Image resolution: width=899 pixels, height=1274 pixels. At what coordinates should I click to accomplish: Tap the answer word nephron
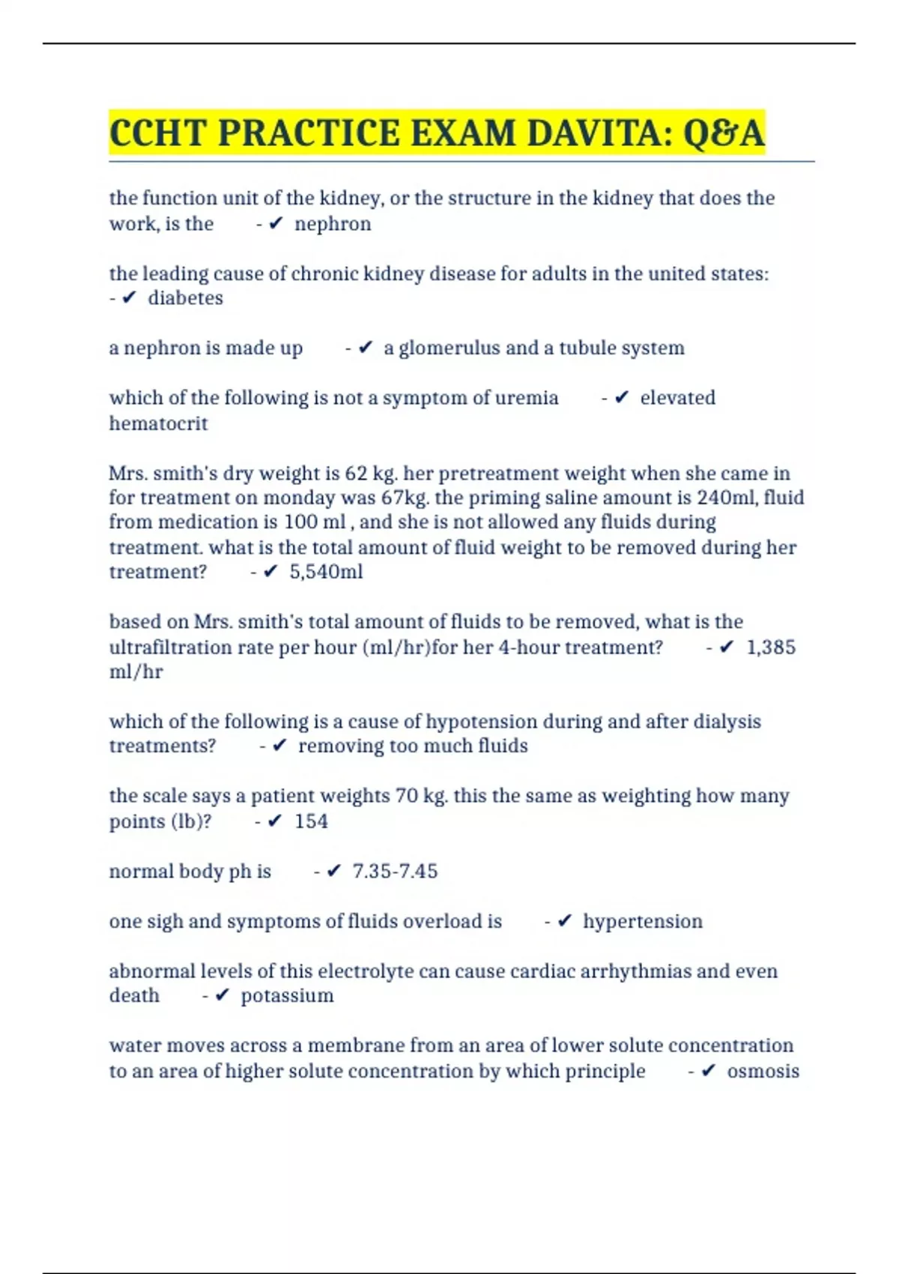pyautogui.click(x=333, y=224)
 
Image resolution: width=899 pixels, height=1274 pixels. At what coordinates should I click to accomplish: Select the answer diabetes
pyautogui.click(x=185, y=298)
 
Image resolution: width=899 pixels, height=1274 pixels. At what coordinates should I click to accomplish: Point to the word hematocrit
pyautogui.click(x=158, y=423)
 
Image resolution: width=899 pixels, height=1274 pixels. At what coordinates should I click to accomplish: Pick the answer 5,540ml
pyautogui.click(x=326, y=572)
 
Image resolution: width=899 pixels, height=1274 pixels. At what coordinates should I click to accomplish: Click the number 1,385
pyautogui.click(x=771, y=647)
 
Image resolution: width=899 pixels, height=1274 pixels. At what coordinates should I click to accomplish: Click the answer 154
pyautogui.click(x=311, y=821)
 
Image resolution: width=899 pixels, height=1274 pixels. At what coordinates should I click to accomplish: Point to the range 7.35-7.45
pyautogui.click(x=395, y=872)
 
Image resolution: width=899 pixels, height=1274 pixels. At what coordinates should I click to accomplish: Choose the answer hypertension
pyautogui.click(x=643, y=921)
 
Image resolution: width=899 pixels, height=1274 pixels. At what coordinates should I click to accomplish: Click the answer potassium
pyautogui.click(x=287, y=996)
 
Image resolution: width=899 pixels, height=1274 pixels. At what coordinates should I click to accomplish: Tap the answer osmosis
pyautogui.click(x=763, y=1071)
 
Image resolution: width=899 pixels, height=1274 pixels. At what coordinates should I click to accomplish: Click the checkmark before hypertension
pyautogui.click(x=566, y=921)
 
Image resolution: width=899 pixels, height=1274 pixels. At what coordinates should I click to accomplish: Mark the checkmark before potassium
pyautogui.click(x=223, y=996)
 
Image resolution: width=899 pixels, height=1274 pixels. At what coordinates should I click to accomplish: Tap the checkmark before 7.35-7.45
pyautogui.click(x=334, y=872)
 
